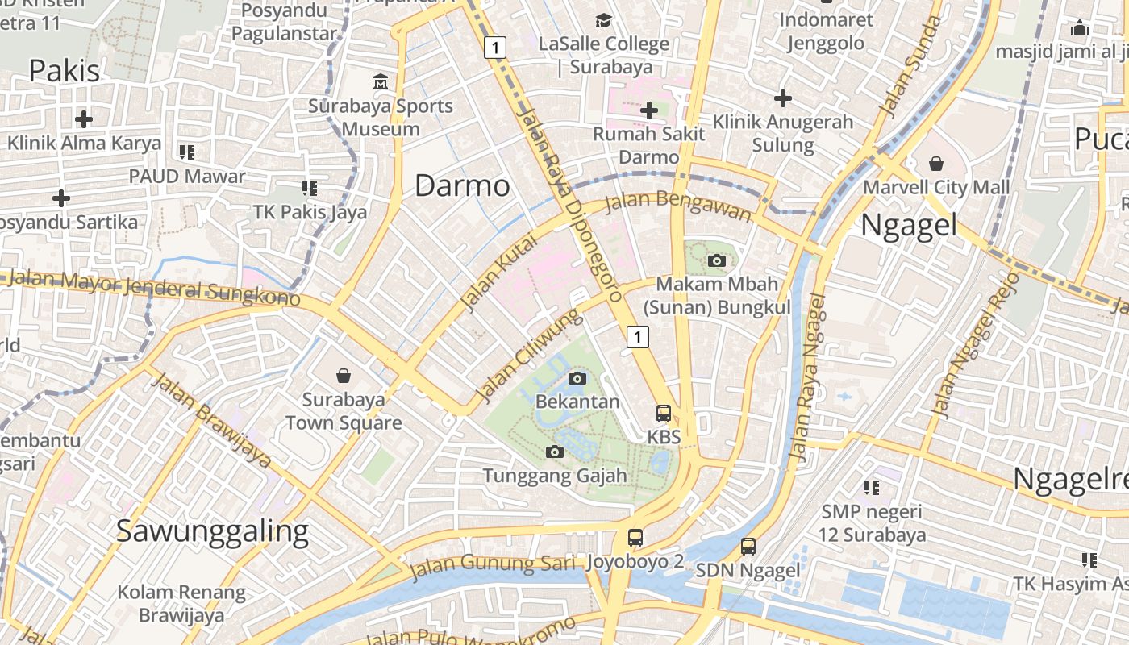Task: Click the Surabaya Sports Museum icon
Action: [x=380, y=82]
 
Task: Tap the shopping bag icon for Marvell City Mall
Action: [x=935, y=164]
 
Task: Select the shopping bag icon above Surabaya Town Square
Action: [x=344, y=376]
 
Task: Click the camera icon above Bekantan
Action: [x=577, y=378]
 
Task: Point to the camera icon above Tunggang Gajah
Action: [x=554, y=452]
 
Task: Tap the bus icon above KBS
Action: [x=664, y=414]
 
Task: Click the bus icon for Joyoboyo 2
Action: [x=635, y=538]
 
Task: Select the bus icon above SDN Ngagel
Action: [x=748, y=547]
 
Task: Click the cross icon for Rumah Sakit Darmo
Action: [x=649, y=110]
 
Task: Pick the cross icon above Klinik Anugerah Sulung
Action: [x=782, y=98]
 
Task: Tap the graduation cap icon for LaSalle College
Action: [x=603, y=20]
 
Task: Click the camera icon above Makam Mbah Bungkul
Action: [x=716, y=260]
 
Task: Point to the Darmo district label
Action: [x=462, y=186]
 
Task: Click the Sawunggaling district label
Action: [x=212, y=531]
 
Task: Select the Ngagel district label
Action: [x=909, y=225]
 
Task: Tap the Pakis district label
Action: [x=65, y=71]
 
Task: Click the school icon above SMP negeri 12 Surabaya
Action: [x=871, y=487]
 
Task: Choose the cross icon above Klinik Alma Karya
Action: [x=83, y=119]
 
